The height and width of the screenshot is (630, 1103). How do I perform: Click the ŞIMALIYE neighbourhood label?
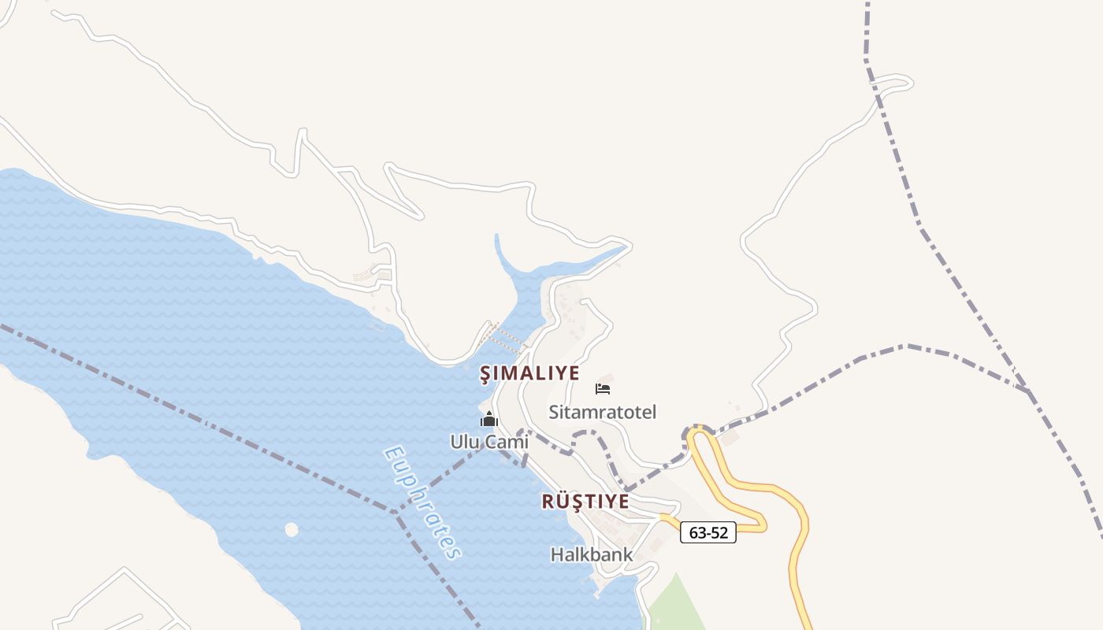[529, 373]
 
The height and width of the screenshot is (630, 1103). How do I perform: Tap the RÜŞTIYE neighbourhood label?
[585, 502]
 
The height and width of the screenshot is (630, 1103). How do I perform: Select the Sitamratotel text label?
[602, 412]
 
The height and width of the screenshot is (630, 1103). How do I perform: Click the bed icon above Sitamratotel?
[603, 388]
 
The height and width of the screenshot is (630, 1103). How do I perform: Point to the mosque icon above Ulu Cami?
[489, 420]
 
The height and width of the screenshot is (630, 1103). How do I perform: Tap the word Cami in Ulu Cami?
[507, 442]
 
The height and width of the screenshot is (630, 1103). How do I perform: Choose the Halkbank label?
[591, 554]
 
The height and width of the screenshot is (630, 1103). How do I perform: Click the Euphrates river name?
[422, 502]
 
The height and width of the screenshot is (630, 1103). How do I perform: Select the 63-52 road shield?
[707, 533]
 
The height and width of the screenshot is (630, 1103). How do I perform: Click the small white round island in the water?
[292, 530]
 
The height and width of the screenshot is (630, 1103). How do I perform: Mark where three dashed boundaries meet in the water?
[396, 512]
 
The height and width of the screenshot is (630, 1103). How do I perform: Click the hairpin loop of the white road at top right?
[906, 82]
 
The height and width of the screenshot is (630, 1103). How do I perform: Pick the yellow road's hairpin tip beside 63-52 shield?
[762, 521]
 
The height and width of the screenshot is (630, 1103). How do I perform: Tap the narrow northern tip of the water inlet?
[497, 236]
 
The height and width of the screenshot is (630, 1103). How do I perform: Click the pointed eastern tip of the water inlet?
[628, 247]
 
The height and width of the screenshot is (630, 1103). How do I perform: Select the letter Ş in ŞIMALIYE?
[486, 373]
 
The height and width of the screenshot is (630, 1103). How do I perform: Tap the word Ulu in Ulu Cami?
[465, 442]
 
